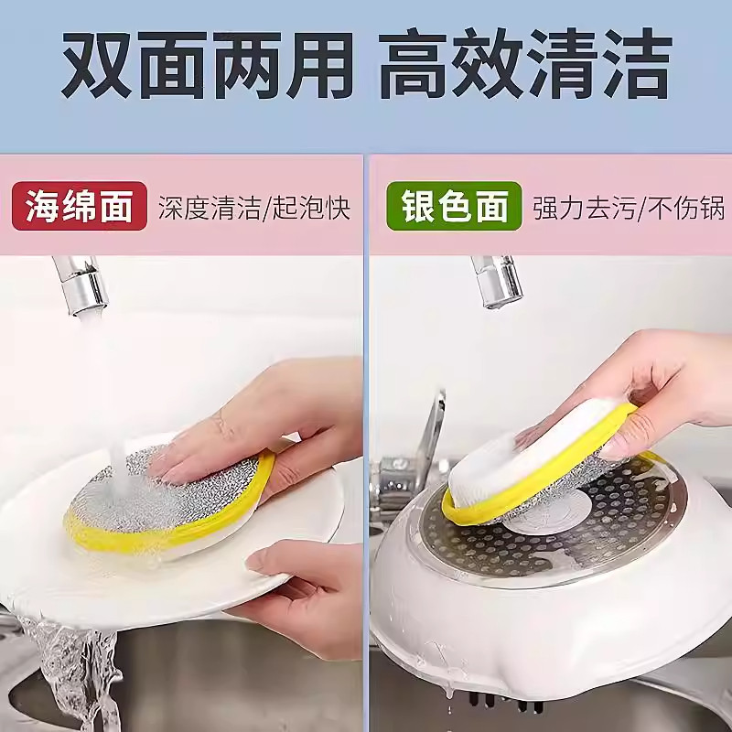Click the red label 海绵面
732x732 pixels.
79,205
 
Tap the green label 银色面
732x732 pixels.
454,205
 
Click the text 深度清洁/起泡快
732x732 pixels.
253,207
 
